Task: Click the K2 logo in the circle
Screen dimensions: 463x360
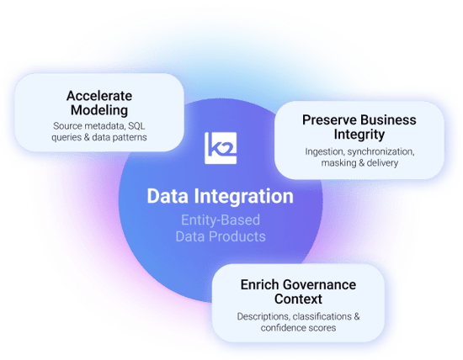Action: (221, 148)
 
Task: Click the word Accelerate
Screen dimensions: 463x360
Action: (99, 96)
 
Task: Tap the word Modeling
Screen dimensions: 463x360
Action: (99, 110)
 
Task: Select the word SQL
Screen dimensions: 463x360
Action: (136, 126)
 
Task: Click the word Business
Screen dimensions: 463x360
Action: (388, 120)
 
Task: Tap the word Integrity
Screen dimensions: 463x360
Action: (359, 135)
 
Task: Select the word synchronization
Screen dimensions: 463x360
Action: (381, 151)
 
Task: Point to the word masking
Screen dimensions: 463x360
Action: (339, 163)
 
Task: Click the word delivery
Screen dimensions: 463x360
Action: (382, 163)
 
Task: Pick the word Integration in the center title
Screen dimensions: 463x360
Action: (244, 197)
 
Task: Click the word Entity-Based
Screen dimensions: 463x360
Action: (221, 220)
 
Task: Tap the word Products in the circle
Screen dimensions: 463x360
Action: (237, 236)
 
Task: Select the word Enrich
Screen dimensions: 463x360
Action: (259, 285)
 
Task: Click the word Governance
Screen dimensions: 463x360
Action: (319, 285)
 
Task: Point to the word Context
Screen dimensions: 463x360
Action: (298, 299)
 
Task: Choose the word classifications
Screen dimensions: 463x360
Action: (322, 316)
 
